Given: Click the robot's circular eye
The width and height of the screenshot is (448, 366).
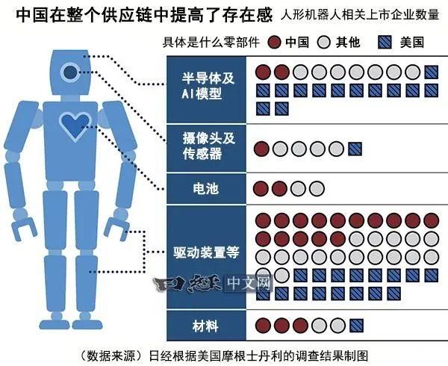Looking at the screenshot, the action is coord(70,72).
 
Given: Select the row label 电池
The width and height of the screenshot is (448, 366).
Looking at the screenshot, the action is coord(206,188).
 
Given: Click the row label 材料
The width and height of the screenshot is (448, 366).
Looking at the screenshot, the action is coord(205,326).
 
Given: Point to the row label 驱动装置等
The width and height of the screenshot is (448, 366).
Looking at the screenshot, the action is coord(206,252).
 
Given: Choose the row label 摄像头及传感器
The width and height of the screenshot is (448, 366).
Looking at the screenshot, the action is coord(208,146).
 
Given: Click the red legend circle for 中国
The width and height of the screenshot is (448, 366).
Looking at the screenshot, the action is coord(274,43).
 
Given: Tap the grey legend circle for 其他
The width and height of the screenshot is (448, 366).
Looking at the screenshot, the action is coord(324,43).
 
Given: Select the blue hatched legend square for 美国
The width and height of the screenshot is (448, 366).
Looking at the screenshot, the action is coord(385,43).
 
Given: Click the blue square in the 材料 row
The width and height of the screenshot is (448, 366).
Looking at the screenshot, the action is coord(356,326).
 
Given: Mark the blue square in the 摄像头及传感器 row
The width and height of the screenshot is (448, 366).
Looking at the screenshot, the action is coord(355,149).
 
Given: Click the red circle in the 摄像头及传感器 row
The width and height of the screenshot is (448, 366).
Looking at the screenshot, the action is coord(262,149).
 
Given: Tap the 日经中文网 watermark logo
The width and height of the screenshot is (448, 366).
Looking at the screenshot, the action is coord(213,283).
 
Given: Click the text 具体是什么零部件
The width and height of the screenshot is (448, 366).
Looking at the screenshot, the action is coord(211,43).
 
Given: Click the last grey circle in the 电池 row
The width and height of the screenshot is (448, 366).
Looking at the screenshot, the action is coord(317,188).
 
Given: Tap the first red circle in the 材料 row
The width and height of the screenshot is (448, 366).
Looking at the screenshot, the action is coord(263,326).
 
